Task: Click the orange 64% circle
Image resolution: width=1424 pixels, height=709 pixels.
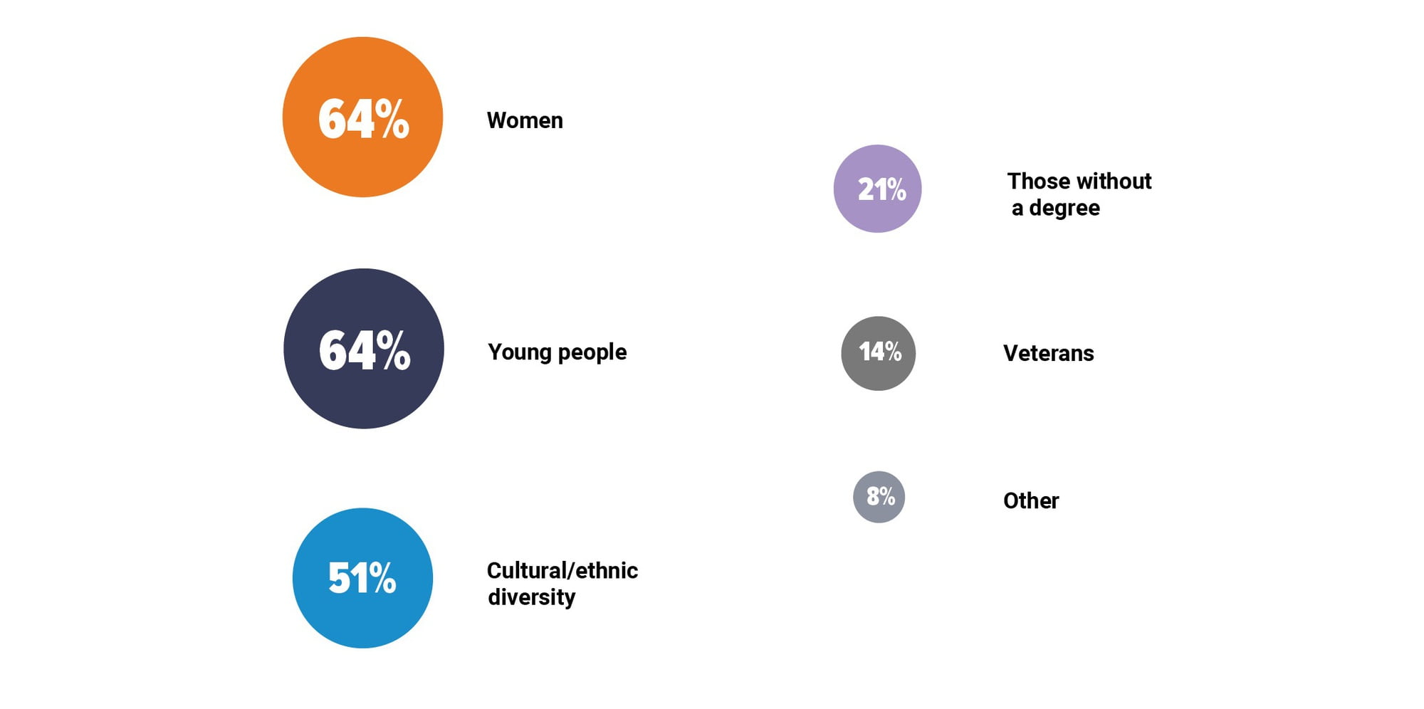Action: pyautogui.click(x=362, y=117)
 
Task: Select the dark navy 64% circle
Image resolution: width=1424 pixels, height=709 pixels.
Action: pyautogui.click(x=364, y=348)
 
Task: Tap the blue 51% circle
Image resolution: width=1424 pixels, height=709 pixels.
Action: pyautogui.click(x=362, y=578)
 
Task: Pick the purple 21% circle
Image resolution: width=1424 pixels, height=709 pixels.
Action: pyautogui.click(x=877, y=189)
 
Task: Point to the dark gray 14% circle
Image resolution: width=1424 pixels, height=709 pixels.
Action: pyautogui.click(x=878, y=353)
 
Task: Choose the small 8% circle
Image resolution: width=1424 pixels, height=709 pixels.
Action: pyautogui.click(x=879, y=497)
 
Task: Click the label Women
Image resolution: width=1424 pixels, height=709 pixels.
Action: pyautogui.click(x=525, y=120)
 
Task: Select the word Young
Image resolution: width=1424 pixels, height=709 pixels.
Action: pyautogui.click(x=520, y=352)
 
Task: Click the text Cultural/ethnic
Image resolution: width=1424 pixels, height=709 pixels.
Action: pyautogui.click(x=562, y=570)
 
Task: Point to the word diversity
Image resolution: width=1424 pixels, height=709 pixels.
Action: pyautogui.click(x=532, y=597)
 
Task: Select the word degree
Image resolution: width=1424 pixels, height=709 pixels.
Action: pyautogui.click(x=1064, y=209)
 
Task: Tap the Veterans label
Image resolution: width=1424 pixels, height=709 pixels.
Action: pyautogui.click(x=1049, y=353)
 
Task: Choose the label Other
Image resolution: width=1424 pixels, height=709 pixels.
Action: pyautogui.click(x=1031, y=500)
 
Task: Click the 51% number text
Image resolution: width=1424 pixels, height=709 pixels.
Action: pyautogui.click(x=362, y=577)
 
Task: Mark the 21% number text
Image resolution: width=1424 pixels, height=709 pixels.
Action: pyautogui.click(x=881, y=189)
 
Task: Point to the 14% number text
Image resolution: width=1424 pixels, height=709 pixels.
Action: pyautogui.click(x=880, y=352)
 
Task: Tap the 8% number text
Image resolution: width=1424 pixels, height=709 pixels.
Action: pyautogui.click(x=881, y=495)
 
